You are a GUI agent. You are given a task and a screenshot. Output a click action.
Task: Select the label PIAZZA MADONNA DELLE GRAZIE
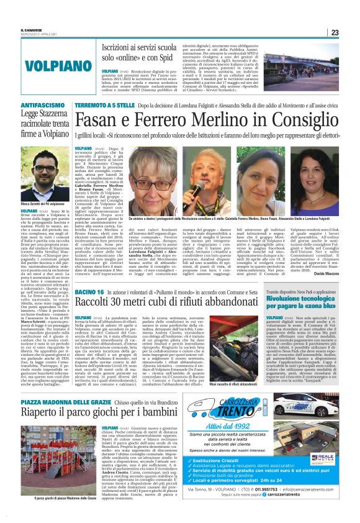tap(64, 385)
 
